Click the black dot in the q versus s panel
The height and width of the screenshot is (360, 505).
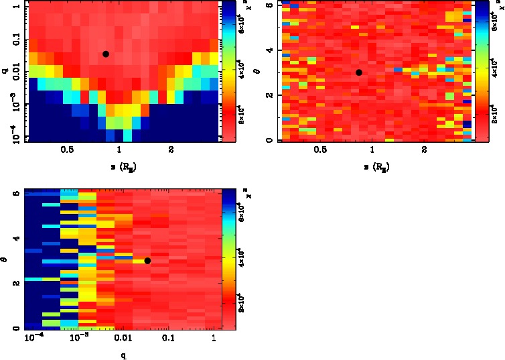coord(106,54)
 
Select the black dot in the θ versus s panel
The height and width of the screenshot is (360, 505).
coord(359,72)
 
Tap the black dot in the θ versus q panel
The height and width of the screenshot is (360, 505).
coord(147,260)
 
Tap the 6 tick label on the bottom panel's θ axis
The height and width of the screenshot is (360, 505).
coord(16,192)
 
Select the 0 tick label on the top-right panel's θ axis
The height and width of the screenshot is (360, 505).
coord(269,140)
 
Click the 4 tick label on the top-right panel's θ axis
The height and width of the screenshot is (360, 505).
coord(269,50)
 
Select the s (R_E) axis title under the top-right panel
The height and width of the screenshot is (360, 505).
coord(372,166)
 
